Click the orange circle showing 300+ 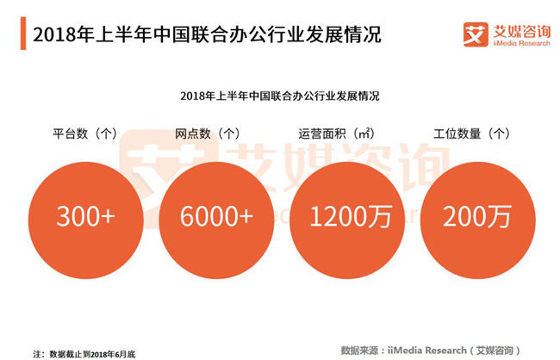pyautogui.click(x=85, y=220)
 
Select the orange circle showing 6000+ pyautogui.click(x=216, y=220)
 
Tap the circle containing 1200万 pyautogui.click(x=347, y=220)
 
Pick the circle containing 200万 pyautogui.click(x=478, y=220)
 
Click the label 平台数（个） pyautogui.click(x=85, y=134)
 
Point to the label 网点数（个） pyautogui.click(x=208, y=134)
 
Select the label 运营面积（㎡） pyautogui.click(x=337, y=134)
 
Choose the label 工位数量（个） pyautogui.click(x=471, y=134)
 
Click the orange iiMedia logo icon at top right pyautogui.click(x=476, y=34)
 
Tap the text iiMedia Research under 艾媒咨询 pyautogui.click(x=522, y=43)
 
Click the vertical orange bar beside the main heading pyautogui.click(x=23, y=34)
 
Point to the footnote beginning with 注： pyautogui.click(x=84, y=354)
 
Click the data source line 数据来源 pyautogui.click(x=431, y=351)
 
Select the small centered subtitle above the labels pyautogui.click(x=280, y=96)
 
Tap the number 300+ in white pyautogui.click(x=85, y=216)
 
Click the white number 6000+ pyautogui.click(x=216, y=216)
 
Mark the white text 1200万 pyautogui.click(x=351, y=216)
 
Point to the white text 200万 pyautogui.click(x=477, y=216)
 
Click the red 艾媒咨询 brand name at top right pyautogui.click(x=522, y=31)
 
